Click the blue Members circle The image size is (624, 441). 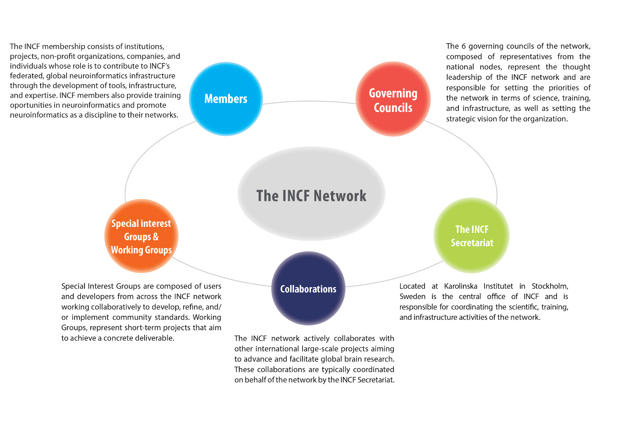pyautogui.click(x=226, y=99)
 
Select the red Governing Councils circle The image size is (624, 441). pyautogui.click(x=393, y=99)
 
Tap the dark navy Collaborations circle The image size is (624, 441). pyautogui.click(x=308, y=289)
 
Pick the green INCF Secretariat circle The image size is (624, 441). pyautogui.click(x=471, y=236)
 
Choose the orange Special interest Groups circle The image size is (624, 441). pyautogui.click(x=141, y=236)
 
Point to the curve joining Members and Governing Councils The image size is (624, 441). pyautogui.click(x=309, y=101)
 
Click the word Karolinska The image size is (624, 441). pyautogui.click(x=460, y=286)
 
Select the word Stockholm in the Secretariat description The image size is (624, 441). pyautogui.click(x=549, y=286)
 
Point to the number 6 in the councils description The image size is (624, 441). pyautogui.click(x=464, y=46)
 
